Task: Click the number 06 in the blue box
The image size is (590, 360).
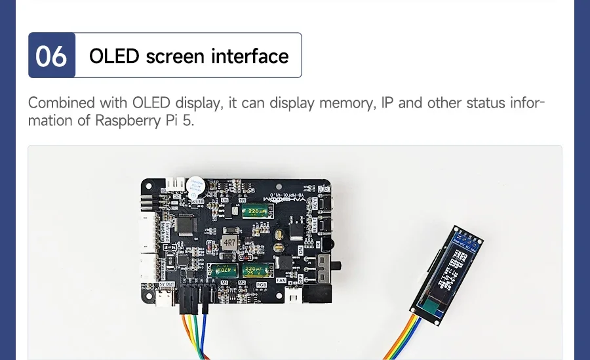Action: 51,56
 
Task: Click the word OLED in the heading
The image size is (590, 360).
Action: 115,56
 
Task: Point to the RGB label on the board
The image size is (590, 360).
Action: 262,284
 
